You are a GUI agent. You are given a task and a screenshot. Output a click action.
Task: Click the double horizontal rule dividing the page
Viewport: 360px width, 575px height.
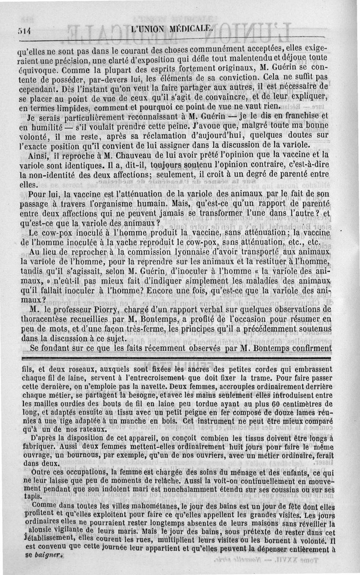pyautogui.click(x=180, y=358)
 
